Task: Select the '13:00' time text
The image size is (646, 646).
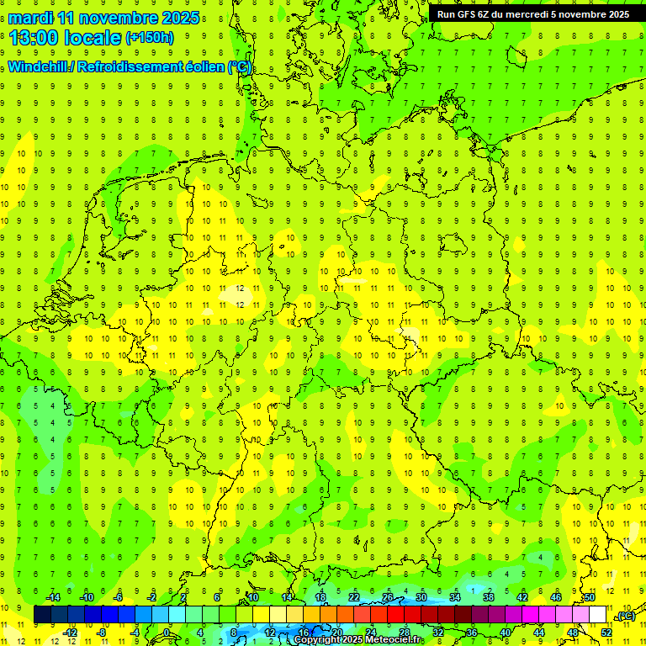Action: click(35, 38)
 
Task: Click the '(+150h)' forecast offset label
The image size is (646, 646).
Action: click(149, 38)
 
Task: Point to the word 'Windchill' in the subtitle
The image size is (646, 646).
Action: click(40, 66)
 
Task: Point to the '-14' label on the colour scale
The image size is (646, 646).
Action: click(53, 597)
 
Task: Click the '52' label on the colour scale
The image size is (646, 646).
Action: click(606, 632)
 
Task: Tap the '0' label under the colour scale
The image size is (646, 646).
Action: click(167, 632)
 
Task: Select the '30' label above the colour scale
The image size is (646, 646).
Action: click(421, 597)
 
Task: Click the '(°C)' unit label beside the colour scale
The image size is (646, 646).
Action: click(625, 617)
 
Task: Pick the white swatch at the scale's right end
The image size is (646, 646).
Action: click(598, 615)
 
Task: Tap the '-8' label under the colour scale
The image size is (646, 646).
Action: click(102, 632)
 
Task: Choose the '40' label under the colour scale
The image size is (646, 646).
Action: click(506, 632)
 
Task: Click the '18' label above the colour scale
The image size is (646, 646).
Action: click(320, 597)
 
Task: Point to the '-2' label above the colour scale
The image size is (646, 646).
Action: click(152, 597)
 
